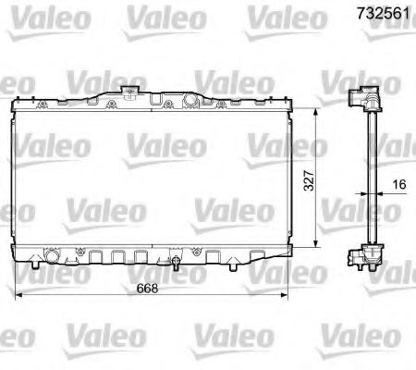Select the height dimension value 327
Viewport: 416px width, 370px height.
309,178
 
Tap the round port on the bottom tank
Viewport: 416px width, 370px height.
53,254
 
